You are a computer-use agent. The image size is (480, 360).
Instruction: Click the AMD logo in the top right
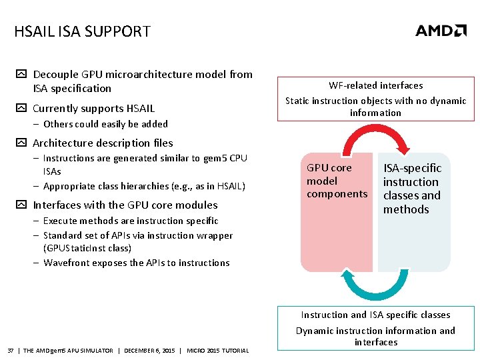coord(441,31)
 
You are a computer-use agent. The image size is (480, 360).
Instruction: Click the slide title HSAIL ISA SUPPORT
coord(82,31)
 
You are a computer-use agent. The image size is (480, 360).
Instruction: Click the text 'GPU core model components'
coord(337,181)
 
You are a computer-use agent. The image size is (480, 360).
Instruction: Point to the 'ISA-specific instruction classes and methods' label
coord(412,189)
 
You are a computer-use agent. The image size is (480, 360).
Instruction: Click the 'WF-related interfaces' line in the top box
coord(375,85)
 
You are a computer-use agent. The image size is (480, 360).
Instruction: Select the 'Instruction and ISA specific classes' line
coord(375,315)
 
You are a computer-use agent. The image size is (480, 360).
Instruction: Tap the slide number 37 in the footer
coord(11,351)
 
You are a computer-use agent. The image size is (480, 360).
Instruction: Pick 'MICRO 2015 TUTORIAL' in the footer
coord(218,351)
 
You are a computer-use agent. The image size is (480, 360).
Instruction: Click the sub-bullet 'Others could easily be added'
coord(105,124)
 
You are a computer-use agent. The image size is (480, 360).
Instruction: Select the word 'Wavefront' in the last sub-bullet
coord(66,263)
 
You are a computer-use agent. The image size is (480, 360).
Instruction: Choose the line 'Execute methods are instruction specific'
coord(131,221)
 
